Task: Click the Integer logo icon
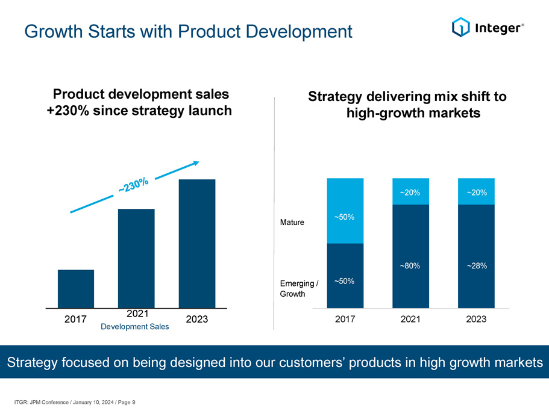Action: click(x=460, y=26)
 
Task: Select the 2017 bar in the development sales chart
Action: click(x=76, y=288)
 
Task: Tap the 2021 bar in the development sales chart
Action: click(x=136, y=258)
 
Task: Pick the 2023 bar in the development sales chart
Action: click(x=197, y=243)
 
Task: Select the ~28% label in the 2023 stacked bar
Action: click(x=476, y=265)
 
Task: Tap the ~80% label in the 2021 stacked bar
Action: click(x=410, y=265)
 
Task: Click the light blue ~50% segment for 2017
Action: click(x=345, y=211)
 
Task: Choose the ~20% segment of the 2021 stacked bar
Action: click(x=410, y=191)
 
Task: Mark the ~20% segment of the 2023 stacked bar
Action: click(x=476, y=191)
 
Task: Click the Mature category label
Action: click(x=292, y=223)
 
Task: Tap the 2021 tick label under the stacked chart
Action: click(x=410, y=320)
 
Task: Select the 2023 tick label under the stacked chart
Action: click(x=476, y=320)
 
